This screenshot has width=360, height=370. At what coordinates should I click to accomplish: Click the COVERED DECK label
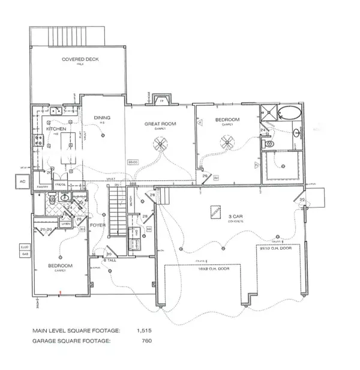click(80, 59)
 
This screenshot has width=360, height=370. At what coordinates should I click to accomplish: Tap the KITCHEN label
click(47, 129)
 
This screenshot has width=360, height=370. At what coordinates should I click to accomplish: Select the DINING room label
click(102, 118)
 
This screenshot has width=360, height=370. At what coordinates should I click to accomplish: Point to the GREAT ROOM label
click(158, 124)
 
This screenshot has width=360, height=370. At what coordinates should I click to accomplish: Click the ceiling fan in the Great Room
click(160, 143)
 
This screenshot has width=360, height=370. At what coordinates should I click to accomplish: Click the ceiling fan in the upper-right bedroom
click(227, 142)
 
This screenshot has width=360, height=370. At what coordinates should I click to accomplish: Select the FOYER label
click(98, 226)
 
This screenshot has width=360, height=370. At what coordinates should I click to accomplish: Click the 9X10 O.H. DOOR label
click(282, 251)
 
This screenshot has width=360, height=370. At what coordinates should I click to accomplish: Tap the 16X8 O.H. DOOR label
click(206, 269)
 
